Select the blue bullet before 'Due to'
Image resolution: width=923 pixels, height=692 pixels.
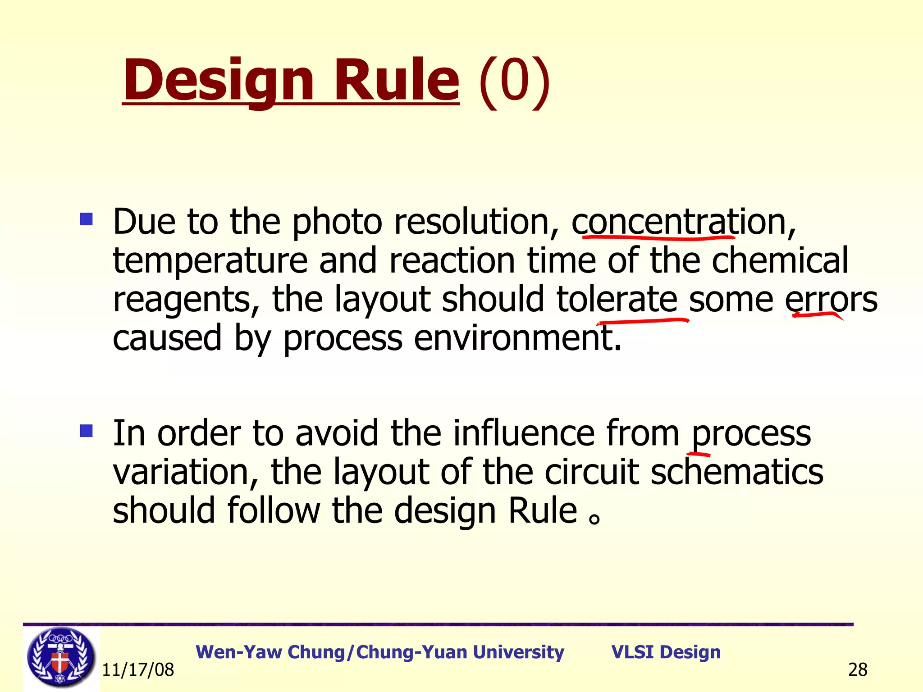click(x=86, y=219)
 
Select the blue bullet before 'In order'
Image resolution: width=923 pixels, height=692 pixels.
click(x=86, y=431)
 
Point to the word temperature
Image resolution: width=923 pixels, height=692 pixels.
click(x=210, y=261)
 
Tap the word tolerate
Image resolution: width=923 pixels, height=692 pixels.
click(x=617, y=300)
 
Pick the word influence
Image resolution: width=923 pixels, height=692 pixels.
click(x=524, y=433)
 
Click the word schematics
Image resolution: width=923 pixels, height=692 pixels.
click(x=737, y=472)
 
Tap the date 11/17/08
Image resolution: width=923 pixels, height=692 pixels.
click(x=138, y=670)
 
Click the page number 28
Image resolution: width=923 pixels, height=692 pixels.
click(x=857, y=670)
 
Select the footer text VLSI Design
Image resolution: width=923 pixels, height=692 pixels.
click(x=666, y=652)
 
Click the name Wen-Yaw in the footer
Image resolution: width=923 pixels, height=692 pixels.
click(x=239, y=652)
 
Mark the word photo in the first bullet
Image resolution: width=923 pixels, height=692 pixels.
click(x=337, y=223)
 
